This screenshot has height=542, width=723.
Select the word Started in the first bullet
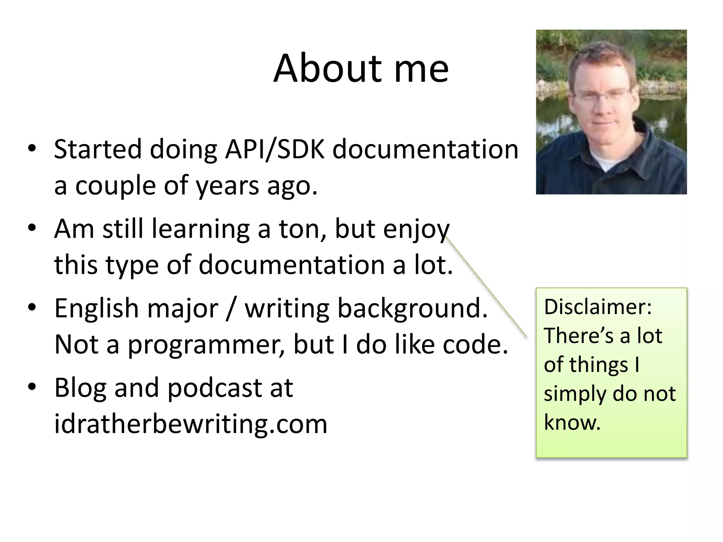(97, 149)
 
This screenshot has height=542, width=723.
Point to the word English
(96, 308)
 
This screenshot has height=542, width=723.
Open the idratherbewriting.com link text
(191, 424)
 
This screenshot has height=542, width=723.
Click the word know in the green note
(572, 422)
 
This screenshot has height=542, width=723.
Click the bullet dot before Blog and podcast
(32, 386)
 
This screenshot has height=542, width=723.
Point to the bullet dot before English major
(32, 307)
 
